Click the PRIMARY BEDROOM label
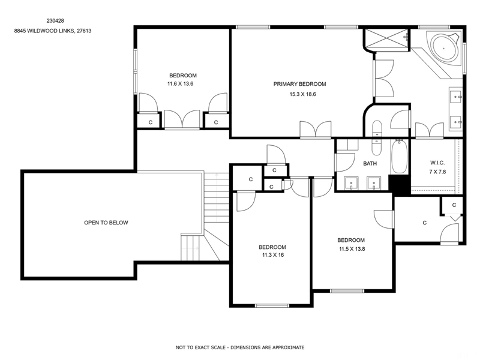(299, 84)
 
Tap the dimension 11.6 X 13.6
(182, 84)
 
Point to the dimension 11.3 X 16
(272, 255)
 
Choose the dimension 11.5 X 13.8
(351, 248)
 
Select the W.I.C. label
(437, 163)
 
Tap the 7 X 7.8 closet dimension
(437, 172)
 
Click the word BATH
(370, 163)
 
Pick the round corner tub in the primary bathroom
(444, 46)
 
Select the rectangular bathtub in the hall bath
(398, 157)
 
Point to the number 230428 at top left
(56, 20)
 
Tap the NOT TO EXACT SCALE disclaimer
(240, 347)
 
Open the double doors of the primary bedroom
(316, 129)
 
